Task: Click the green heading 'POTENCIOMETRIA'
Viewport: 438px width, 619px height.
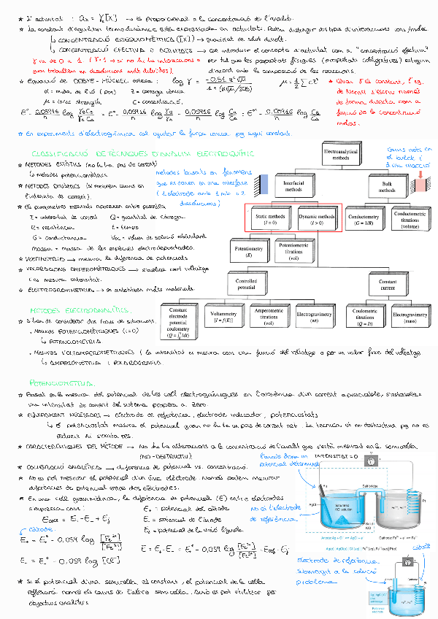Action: point(61,382)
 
